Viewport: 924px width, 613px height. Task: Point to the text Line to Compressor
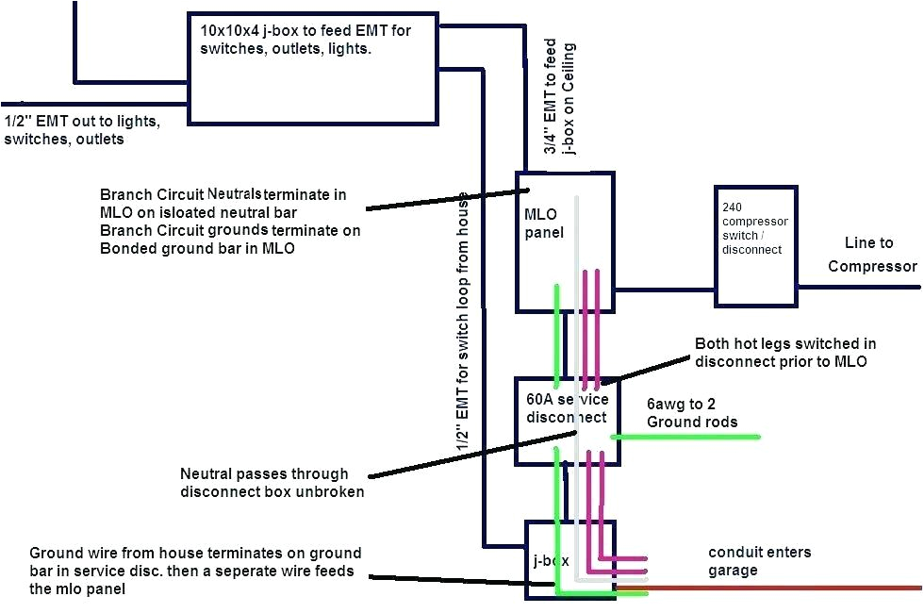coord(872,255)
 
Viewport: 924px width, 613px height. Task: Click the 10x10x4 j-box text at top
coord(319,40)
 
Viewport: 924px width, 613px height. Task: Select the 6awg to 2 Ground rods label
coord(692,412)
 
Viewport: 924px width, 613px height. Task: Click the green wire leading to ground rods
coord(688,437)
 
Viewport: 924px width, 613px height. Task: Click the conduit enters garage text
coord(759,561)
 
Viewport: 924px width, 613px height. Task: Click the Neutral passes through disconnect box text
coord(272,483)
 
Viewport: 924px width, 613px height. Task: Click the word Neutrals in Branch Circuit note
coord(235,192)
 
